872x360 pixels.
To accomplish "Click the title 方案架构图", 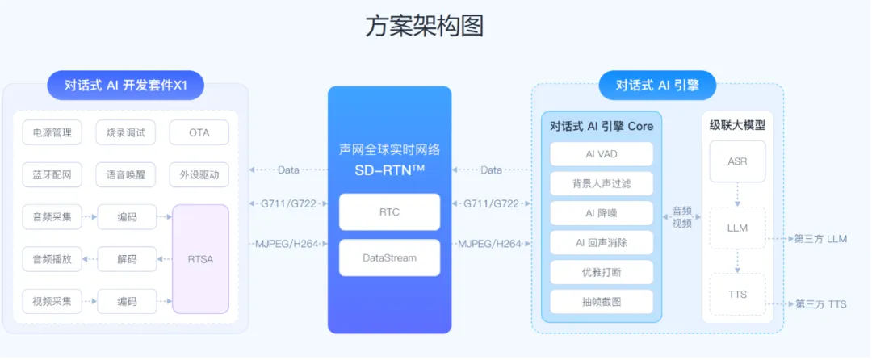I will pos(425,26).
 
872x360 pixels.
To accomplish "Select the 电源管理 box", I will pos(52,132).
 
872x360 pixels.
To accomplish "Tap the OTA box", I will pos(199,132).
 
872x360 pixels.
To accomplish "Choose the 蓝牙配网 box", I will pos(52,174).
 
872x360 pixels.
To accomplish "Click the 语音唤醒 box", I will pos(126,174).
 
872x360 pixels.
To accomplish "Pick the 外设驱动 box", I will pos(199,174).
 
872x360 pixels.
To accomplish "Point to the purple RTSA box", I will pos(200,259).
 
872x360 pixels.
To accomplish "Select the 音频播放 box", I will pos(52,259).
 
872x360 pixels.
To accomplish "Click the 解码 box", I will pos(127,259).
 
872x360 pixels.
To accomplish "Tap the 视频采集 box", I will pos(52,301).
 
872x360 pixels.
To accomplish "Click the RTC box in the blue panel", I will pos(389,212).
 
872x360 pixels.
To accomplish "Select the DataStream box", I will pos(389,257).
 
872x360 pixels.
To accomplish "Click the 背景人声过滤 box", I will pos(602,183).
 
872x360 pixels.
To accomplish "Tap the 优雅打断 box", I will pos(602,272).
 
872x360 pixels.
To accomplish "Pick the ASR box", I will pos(737,161).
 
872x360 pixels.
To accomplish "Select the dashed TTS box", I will pos(737,295).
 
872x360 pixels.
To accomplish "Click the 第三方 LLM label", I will pos(820,240).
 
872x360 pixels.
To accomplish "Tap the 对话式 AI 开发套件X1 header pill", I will pos(125,85).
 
